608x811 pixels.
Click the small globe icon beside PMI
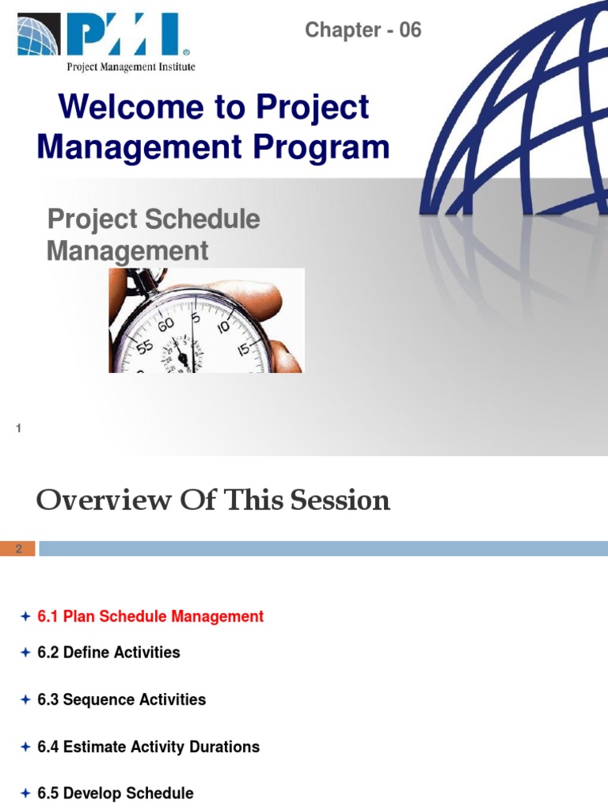pos(39,36)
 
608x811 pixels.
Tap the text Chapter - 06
pos(363,30)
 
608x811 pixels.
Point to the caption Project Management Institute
pos(131,67)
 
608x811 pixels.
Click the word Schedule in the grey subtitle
pos(209,219)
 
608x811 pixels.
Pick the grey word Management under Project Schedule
pos(127,251)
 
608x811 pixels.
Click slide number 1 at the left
pos(18,428)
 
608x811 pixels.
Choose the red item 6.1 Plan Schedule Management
pos(150,616)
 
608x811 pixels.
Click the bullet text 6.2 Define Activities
pos(108,653)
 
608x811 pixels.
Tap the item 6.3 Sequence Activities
pos(121,699)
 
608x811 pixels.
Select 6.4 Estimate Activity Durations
pos(148,747)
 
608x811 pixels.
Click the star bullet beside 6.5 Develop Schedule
pos(25,793)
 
